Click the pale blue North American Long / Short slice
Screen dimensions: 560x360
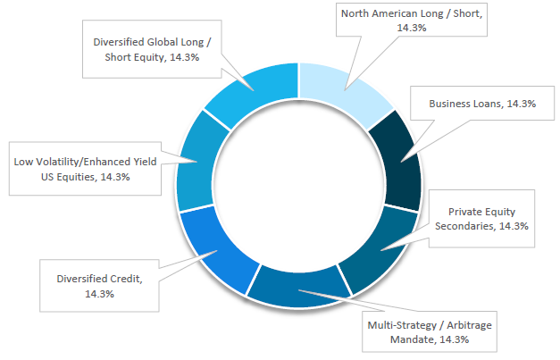(x=343, y=89)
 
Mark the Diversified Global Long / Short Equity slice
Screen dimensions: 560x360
(x=255, y=90)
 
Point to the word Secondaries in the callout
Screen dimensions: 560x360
(x=464, y=226)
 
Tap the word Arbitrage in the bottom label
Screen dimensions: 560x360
(x=469, y=325)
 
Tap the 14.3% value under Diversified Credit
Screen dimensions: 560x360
(x=99, y=294)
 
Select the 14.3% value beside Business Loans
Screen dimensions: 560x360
(x=522, y=104)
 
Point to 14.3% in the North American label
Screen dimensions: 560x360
(x=412, y=28)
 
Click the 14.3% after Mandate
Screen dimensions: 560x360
(x=454, y=339)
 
